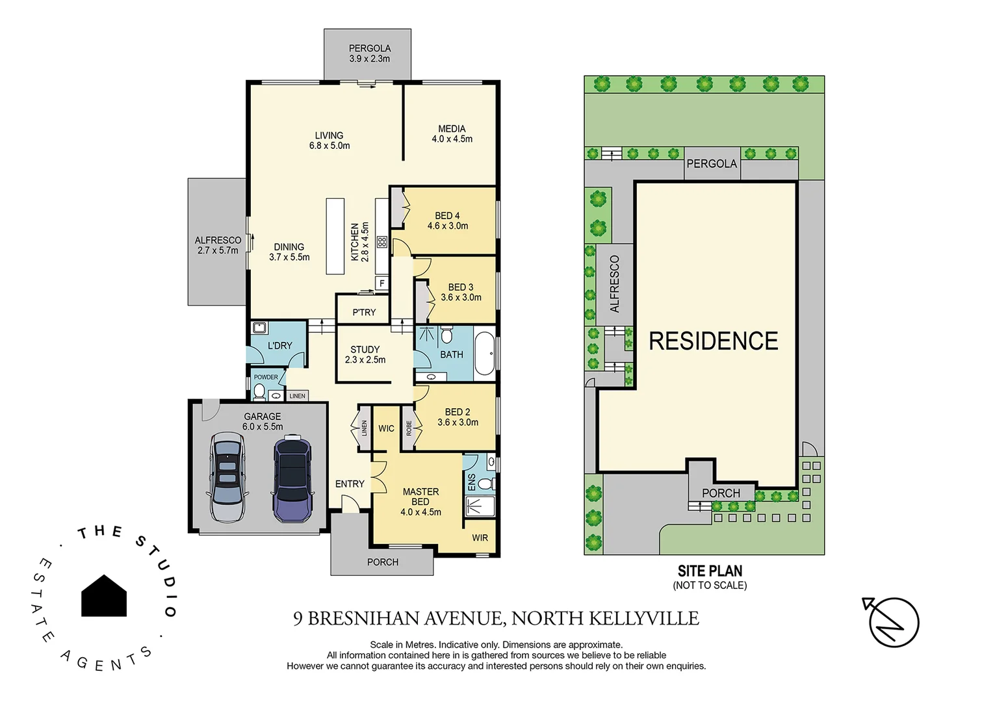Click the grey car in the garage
227,478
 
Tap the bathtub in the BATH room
485,354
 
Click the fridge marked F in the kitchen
382,283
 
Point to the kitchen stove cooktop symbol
382,242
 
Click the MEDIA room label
452,129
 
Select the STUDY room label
365,350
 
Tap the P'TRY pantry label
364,313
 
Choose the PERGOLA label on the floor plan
369,49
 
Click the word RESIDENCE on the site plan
714,341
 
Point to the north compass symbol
893,622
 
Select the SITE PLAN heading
710,571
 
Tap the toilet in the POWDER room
259,391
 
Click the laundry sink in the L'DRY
259,328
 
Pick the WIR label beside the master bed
480,538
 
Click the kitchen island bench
335,236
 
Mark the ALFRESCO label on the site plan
615,284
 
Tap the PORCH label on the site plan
721,493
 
